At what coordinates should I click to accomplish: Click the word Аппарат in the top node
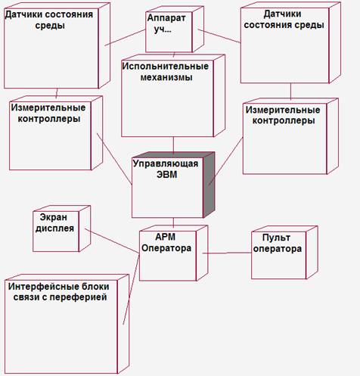166,18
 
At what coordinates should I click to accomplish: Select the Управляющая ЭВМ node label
166,169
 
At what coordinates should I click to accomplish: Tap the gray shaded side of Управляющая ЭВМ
209,185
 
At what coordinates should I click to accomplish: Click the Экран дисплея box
61,228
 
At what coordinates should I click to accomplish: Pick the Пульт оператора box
284,253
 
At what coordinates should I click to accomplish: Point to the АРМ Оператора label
166,242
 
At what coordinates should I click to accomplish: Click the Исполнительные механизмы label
166,72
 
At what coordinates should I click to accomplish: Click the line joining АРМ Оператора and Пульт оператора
227,253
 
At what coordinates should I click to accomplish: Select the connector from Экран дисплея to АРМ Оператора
112,241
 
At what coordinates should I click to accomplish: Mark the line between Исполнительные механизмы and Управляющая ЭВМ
173,145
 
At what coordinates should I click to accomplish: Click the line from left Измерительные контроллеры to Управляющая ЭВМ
114,159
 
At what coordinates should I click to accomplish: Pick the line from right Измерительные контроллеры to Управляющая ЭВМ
225,161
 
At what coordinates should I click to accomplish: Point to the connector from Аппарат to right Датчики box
219,36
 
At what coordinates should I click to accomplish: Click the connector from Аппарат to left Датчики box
126,38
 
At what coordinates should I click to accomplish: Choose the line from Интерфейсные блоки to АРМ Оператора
131,290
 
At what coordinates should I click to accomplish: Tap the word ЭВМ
166,175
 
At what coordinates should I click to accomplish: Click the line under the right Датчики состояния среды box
290,92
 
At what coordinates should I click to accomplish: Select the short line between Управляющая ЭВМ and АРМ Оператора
173,222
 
